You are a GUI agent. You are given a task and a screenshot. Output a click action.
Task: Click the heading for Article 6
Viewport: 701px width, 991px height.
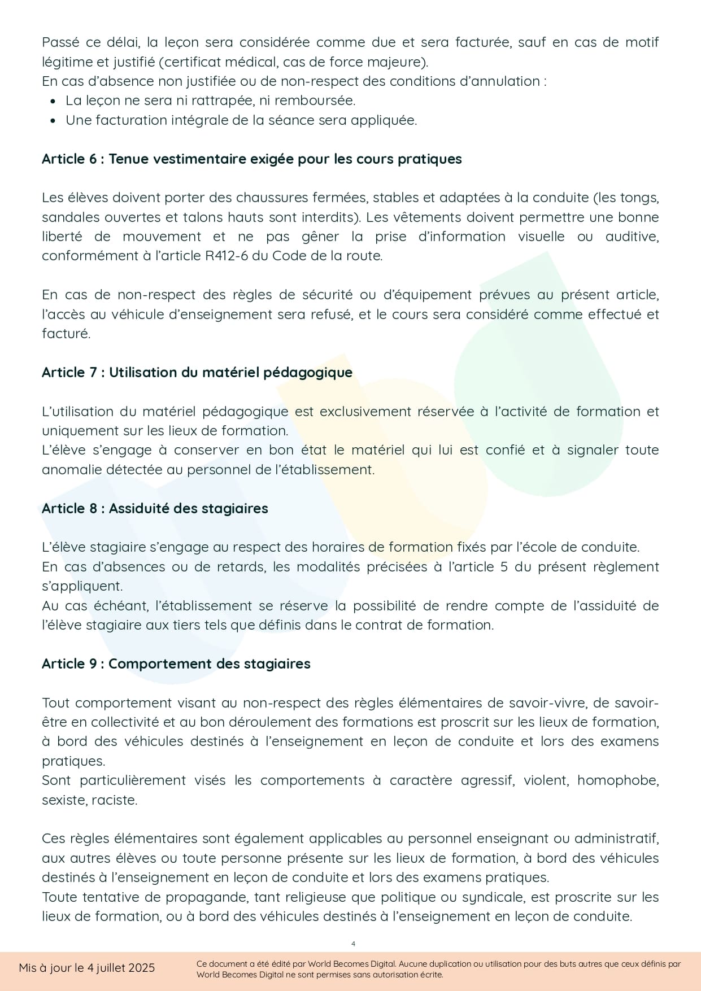coord(251,159)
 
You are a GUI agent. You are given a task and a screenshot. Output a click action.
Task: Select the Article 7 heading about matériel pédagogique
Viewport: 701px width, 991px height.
coord(197,373)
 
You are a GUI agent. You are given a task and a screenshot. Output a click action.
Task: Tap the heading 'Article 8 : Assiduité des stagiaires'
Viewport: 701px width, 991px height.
coord(155,509)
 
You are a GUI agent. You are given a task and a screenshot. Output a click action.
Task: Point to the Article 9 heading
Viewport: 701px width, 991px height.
coord(176,664)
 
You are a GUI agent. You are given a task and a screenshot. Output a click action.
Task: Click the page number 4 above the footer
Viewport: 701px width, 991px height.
coord(353,944)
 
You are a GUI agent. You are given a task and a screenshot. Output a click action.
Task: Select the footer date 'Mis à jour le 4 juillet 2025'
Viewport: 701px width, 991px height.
coord(86,968)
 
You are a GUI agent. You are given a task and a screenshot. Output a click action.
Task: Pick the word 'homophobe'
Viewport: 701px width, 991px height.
coord(618,780)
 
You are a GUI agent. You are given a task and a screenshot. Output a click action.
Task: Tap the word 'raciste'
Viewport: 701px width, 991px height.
coord(117,800)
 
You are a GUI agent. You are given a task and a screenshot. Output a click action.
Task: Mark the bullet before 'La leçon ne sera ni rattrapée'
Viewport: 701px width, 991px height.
coord(53,101)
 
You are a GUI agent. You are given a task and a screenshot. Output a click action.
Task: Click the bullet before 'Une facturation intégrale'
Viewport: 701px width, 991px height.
coord(53,121)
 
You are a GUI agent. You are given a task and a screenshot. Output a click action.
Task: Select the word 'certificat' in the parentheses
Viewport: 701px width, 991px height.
coord(193,62)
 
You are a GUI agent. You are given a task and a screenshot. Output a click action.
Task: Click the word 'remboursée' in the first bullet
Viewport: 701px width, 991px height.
coord(323,101)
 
